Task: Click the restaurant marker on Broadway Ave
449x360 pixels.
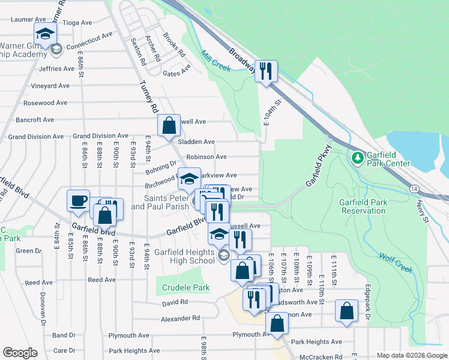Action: [265, 71]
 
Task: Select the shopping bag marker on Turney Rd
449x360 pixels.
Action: [169, 125]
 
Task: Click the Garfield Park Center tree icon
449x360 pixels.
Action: [357, 157]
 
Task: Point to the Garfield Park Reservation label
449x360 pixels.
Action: [363, 206]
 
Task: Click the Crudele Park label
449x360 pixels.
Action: [186, 287]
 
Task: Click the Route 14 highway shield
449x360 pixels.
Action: [415, 188]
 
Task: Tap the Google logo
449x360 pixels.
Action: [20, 353]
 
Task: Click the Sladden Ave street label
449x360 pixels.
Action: [200, 142]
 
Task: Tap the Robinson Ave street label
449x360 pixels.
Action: [206, 157]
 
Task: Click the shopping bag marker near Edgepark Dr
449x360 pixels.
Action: [346, 311]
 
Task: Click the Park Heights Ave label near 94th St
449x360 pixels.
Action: [134, 350]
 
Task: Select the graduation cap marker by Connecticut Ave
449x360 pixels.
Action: [45, 35]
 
